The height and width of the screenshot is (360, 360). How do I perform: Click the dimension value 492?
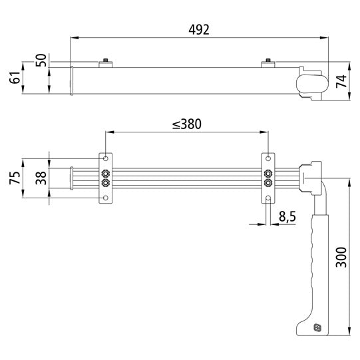(x=198, y=29)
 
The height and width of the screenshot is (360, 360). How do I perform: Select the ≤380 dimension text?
(x=186, y=124)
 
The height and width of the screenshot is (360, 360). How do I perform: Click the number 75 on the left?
(x=13, y=178)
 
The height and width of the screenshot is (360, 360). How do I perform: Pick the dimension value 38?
(x=39, y=178)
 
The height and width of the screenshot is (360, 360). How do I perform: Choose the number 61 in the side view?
(x=13, y=79)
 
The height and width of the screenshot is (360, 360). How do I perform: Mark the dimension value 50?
(x=41, y=61)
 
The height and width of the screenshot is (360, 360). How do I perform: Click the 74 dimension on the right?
(x=341, y=81)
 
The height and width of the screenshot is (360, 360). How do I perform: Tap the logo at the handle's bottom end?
(x=317, y=327)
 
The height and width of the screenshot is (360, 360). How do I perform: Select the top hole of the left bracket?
(x=105, y=159)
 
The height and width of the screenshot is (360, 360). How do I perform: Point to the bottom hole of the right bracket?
(x=268, y=198)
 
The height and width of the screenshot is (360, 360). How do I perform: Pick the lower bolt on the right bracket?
(x=268, y=184)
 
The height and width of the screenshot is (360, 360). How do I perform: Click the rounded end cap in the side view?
(x=310, y=83)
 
